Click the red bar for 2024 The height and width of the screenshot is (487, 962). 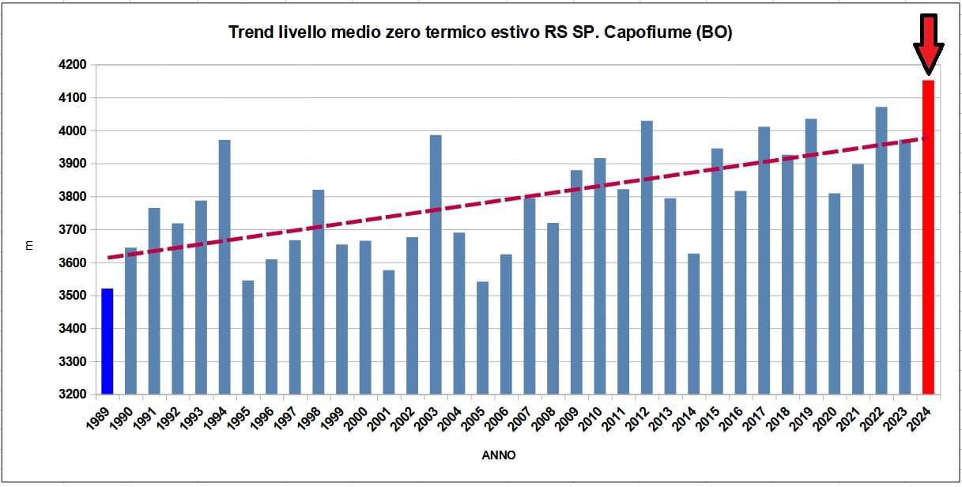pos(928,237)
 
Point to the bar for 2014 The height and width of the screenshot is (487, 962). pos(693,324)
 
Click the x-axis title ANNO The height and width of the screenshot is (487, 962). pos(498,455)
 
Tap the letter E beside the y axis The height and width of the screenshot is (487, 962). pos(29,247)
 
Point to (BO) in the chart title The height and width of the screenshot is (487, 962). pos(713,32)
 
